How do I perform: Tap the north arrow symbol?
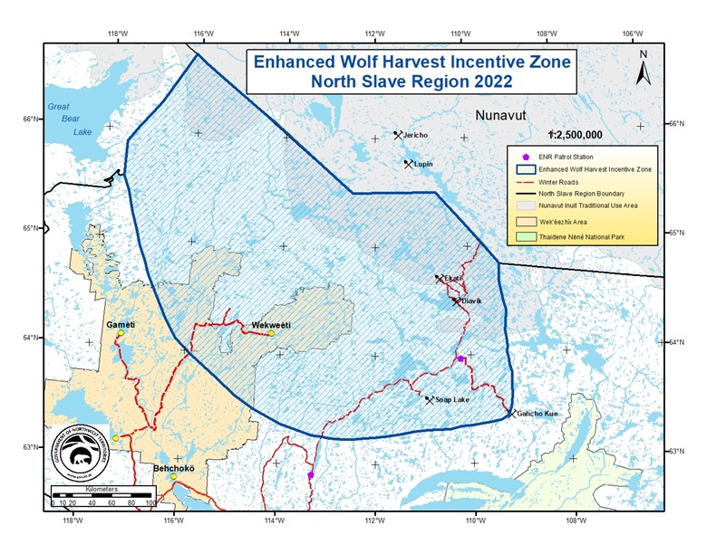point(643,67)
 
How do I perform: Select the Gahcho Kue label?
point(540,414)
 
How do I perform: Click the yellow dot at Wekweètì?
point(270,333)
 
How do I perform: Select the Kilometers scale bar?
point(103,496)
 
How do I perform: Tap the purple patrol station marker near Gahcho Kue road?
point(460,359)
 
